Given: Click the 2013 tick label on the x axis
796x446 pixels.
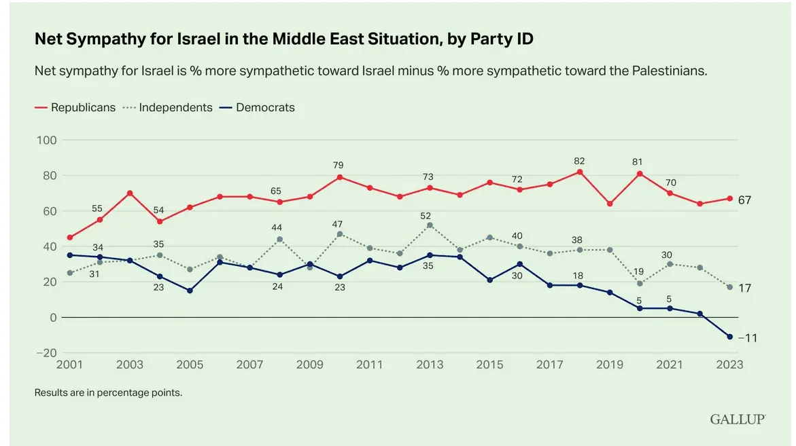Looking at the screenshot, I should tap(430, 365).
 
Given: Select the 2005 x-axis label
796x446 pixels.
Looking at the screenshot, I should tap(190, 365).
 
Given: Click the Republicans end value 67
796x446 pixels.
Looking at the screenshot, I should tap(745, 200).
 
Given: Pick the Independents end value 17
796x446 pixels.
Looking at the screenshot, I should tap(745, 289).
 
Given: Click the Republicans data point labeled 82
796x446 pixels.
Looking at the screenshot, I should tap(580, 172).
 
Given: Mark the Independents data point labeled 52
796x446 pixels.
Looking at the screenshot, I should tap(430, 225).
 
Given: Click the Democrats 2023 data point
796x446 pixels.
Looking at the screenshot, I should tap(730, 337).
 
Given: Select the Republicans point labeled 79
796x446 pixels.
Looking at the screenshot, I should tap(340, 177).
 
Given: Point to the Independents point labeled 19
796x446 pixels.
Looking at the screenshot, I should tap(640, 284).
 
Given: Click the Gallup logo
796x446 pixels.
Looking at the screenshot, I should tap(738, 419).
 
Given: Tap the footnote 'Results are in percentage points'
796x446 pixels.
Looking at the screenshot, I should tap(109, 392).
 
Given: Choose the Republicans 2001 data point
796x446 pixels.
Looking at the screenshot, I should tap(70, 238).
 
